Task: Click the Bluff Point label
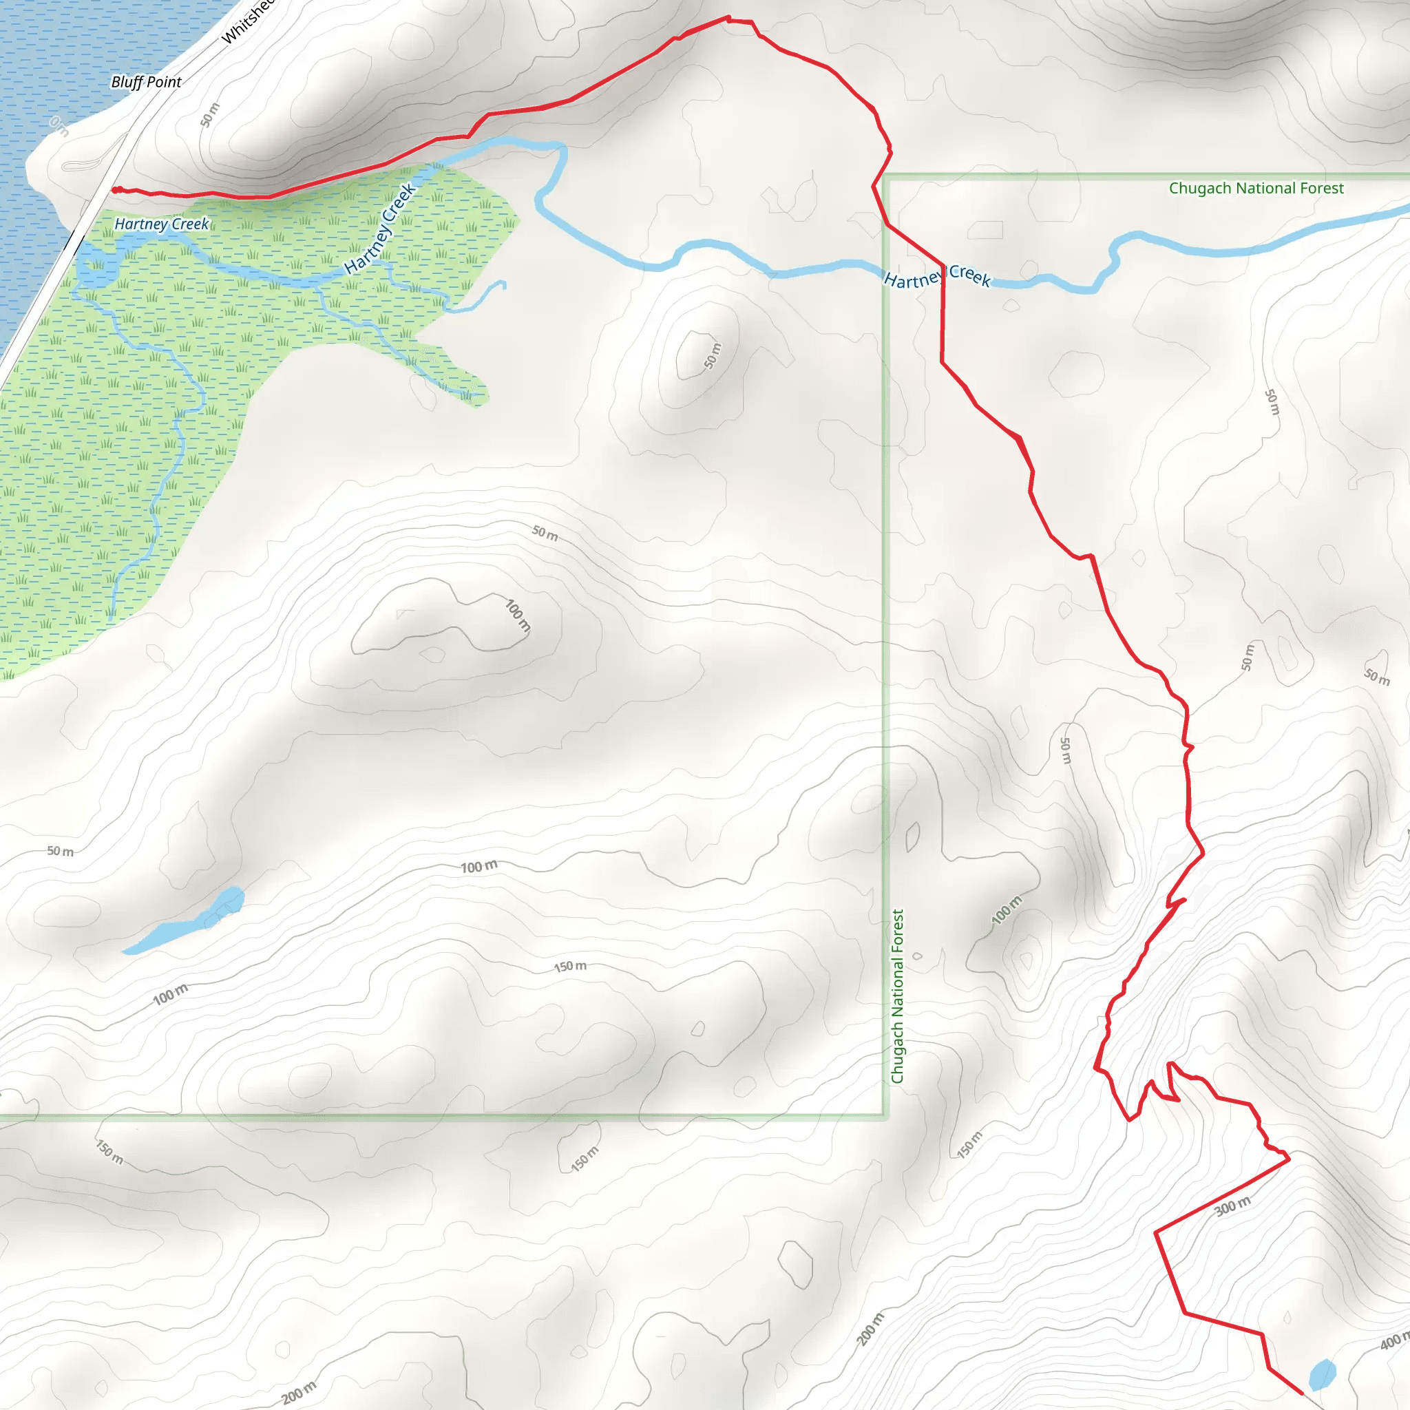pos(146,82)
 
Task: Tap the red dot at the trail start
pos(115,191)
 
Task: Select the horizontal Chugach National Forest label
pos(1255,188)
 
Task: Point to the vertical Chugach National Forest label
pos(898,996)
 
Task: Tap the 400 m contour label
pos(1394,1341)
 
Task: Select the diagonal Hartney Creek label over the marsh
pos(379,228)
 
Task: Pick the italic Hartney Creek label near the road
pos(161,224)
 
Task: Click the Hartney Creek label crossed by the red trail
pos(937,277)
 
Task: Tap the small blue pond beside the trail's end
pos(1323,1374)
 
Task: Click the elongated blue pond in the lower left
pos(186,922)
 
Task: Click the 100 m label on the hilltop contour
pos(518,615)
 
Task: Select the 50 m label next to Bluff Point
pos(209,114)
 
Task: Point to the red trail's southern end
pos(1301,1393)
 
